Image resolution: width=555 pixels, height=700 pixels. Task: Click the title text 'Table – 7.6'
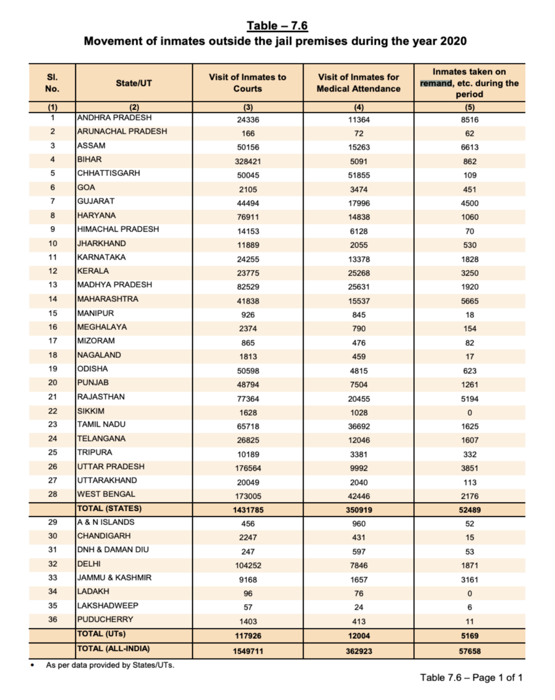(x=277, y=26)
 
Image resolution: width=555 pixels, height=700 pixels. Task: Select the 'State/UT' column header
(x=134, y=83)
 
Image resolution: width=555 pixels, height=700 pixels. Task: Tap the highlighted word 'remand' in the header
(x=436, y=83)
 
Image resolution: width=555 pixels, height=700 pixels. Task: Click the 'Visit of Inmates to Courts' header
(x=248, y=83)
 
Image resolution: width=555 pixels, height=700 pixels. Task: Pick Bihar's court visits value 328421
(x=248, y=162)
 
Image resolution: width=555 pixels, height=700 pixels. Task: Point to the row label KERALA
(x=93, y=271)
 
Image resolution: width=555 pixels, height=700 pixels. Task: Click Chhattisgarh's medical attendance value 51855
(x=359, y=175)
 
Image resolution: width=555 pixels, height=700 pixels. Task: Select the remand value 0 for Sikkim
(x=470, y=413)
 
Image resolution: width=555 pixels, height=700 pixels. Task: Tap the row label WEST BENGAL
(x=106, y=494)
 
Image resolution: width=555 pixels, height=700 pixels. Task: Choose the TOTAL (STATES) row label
(x=110, y=508)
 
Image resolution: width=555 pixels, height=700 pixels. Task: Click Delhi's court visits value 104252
(x=248, y=565)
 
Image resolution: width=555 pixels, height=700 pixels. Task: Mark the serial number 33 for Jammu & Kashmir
(x=53, y=578)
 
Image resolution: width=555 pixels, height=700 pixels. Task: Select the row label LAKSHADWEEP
(x=108, y=606)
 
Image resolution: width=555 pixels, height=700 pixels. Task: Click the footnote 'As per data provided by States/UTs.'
(x=110, y=665)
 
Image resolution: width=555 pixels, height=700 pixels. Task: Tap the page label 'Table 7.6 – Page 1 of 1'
(x=471, y=678)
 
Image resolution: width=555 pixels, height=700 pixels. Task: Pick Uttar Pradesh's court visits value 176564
(x=248, y=468)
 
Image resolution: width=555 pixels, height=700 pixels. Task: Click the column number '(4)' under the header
(x=359, y=107)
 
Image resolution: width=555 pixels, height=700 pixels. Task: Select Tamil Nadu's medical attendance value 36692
(x=359, y=426)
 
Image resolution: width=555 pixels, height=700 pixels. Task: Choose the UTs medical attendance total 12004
(x=359, y=636)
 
